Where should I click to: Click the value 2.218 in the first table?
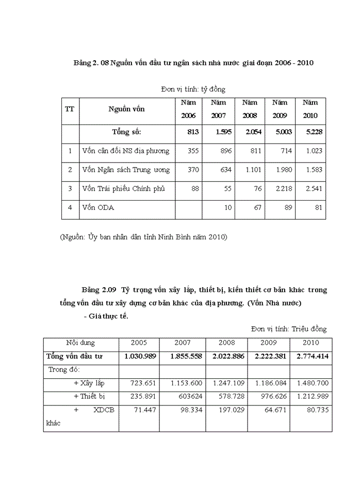[x=283, y=188]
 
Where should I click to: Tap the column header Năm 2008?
[x=250, y=109]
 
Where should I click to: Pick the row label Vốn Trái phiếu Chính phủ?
[x=123, y=188]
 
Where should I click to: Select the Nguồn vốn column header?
[x=126, y=109]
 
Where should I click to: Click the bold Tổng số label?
[x=126, y=132]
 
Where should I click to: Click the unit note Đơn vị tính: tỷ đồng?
[x=193, y=89]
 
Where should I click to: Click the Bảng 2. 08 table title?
[x=193, y=63]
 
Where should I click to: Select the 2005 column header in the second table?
[x=139, y=342]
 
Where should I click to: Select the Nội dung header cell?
[x=80, y=342]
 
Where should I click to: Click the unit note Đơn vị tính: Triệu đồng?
[x=288, y=329]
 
